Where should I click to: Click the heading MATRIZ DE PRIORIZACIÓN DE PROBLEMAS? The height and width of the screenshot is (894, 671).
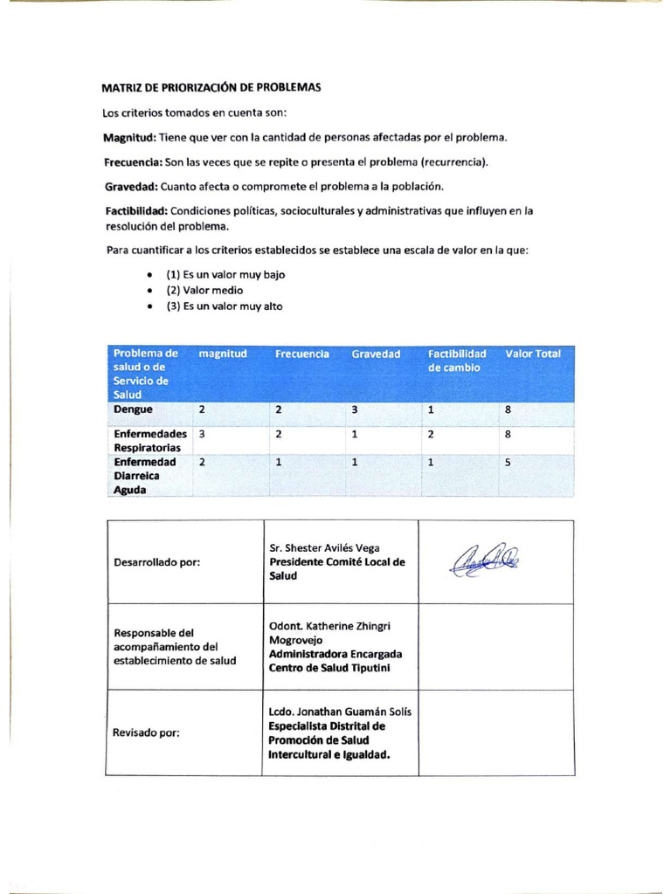point(211,88)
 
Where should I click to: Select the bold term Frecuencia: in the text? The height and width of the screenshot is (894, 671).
point(133,162)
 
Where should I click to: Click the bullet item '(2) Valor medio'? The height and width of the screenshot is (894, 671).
point(204,290)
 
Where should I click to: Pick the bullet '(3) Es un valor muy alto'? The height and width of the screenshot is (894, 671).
point(224,306)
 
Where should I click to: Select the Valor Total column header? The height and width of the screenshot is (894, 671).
point(533,354)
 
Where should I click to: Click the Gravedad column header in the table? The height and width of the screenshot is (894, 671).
point(376,354)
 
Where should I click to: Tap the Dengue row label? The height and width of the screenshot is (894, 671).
point(133,409)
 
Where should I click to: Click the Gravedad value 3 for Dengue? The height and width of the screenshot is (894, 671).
point(355,409)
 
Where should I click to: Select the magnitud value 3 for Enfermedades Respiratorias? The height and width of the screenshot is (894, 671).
point(202,434)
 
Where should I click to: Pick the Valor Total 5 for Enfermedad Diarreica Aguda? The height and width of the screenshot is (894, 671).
point(508,463)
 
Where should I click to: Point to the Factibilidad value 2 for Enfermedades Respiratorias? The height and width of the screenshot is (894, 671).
point(432,434)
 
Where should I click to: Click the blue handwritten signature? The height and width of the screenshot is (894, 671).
point(483,558)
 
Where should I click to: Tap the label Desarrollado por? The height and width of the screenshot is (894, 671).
point(157,562)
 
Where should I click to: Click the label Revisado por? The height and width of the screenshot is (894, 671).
point(147,733)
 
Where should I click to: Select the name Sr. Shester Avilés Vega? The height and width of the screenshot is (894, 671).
point(324,548)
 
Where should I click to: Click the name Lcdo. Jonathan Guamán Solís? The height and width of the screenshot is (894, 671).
point(341,712)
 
